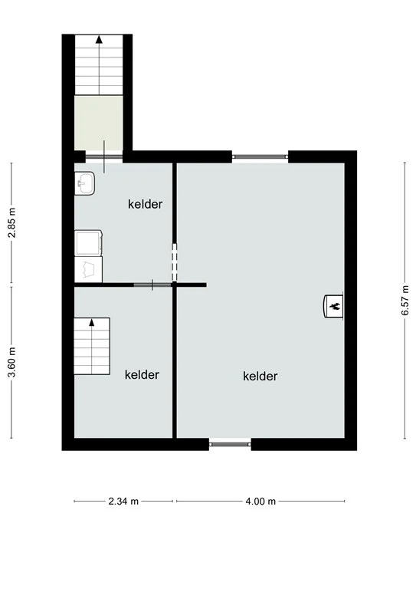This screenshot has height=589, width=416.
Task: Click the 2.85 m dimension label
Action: click(13, 222)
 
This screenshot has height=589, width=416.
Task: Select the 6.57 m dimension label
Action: click(405, 301)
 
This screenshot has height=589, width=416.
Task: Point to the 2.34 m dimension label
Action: click(123, 501)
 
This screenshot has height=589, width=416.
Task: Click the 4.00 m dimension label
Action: click(260, 501)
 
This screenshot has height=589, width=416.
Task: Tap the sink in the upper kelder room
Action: click(84, 183)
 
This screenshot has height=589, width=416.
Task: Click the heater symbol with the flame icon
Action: click(333, 306)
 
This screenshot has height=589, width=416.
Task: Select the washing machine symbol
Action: click(89, 243)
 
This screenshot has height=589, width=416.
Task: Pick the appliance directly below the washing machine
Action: click(89, 269)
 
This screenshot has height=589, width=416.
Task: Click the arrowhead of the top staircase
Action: click(99, 39)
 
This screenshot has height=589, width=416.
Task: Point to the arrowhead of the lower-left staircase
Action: click(91, 322)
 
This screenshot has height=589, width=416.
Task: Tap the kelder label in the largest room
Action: click(260, 376)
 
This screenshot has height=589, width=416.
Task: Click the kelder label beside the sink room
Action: click(145, 204)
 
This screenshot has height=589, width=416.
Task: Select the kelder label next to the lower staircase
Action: click(142, 374)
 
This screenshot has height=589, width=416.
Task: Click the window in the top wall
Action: click(260, 156)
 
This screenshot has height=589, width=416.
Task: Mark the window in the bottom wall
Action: click(230, 444)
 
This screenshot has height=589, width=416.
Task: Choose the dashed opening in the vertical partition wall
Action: click(175, 262)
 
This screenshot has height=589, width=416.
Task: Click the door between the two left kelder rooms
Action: click(152, 285)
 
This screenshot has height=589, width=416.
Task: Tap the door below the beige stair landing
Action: click(104, 156)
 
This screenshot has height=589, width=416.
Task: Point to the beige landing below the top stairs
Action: click(99, 123)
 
